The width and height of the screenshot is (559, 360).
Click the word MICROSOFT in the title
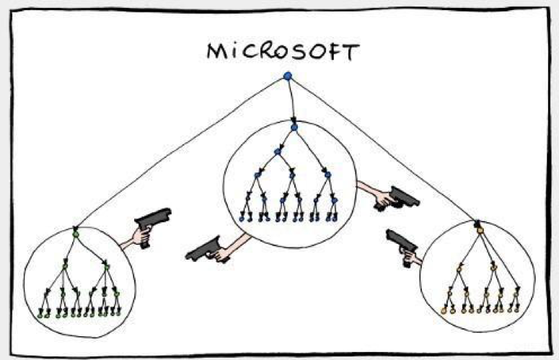point(283,52)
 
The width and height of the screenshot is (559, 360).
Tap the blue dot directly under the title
point(288,76)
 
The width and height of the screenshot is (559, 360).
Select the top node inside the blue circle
point(294,127)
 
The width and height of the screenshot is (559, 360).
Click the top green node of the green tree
point(75,234)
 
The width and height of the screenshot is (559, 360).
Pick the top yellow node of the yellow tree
point(480,231)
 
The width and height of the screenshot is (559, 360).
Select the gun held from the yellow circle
point(403,246)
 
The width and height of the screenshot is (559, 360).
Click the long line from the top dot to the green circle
point(180,152)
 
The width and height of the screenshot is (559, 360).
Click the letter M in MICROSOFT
point(216,51)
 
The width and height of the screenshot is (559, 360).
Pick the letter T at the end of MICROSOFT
point(351,53)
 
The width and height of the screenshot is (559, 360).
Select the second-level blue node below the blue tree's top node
point(278,152)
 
